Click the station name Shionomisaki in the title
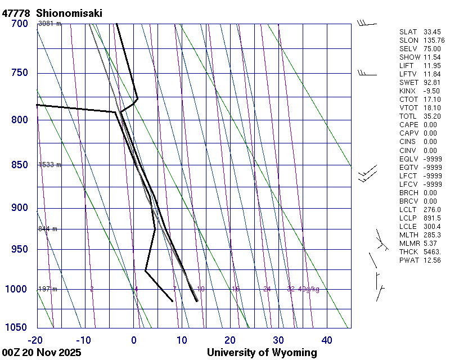69,13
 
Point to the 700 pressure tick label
20,24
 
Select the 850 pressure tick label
20,165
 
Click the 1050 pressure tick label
17,328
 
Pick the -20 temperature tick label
35,340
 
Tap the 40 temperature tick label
327,340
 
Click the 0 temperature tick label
134,340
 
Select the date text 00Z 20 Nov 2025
42,353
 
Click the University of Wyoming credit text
262,353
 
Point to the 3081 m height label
49,24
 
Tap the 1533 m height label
49,165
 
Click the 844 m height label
48,229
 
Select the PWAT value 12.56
432,260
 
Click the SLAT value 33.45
432,32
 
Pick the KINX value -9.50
431,91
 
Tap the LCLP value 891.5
432,218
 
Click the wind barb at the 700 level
366,24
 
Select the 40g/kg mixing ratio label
309,289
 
